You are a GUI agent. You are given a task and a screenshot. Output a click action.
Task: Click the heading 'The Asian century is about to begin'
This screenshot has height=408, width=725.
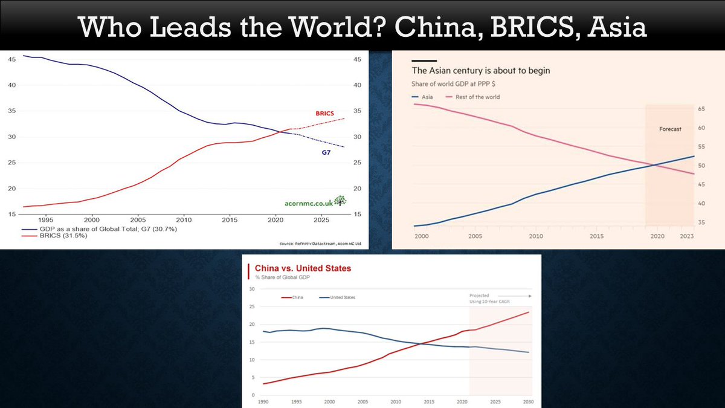pyautogui.click(x=481, y=71)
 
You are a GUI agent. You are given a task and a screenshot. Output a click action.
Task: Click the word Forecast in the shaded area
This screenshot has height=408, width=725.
pyautogui.click(x=670, y=129)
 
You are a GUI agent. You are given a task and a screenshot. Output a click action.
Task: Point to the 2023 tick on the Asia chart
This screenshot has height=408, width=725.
pyautogui.click(x=686, y=236)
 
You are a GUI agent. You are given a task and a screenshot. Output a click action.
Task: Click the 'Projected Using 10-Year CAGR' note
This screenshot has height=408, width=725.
pyautogui.click(x=487, y=299)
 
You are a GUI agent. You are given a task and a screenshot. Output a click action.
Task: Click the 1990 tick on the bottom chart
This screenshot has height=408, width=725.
pyautogui.click(x=263, y=401)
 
